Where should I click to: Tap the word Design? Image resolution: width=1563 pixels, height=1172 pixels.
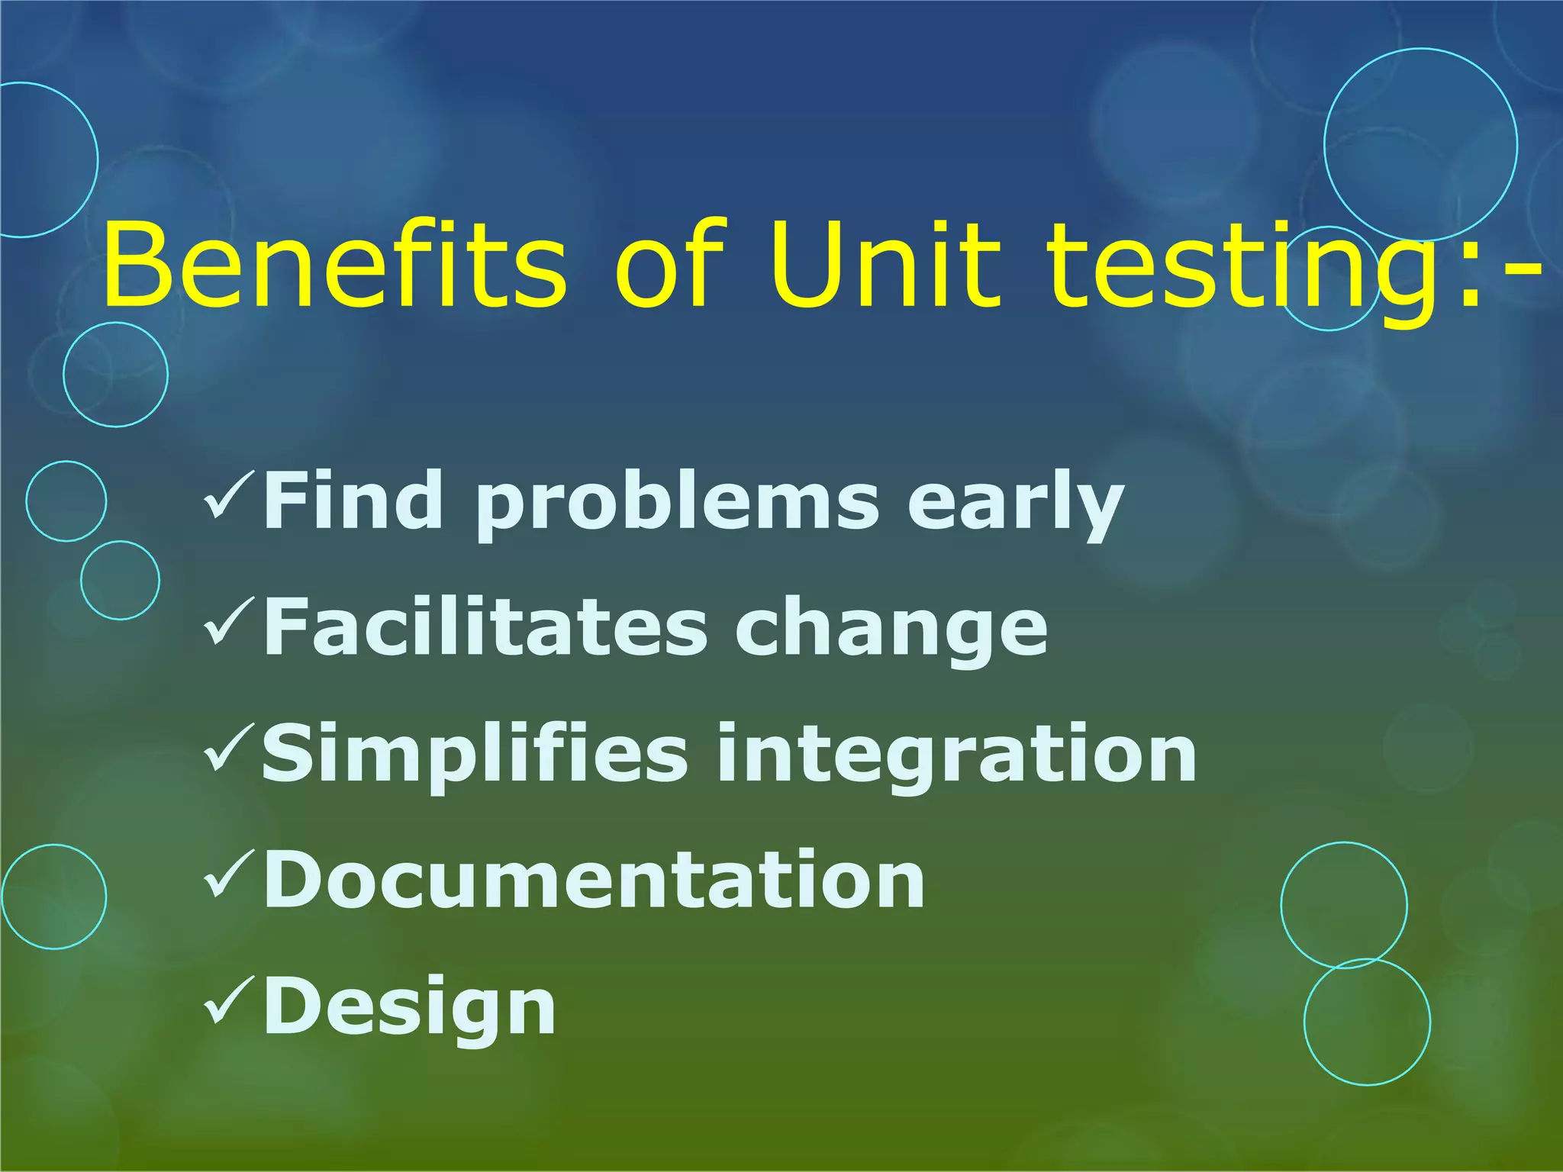click(x=409, y=1007)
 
